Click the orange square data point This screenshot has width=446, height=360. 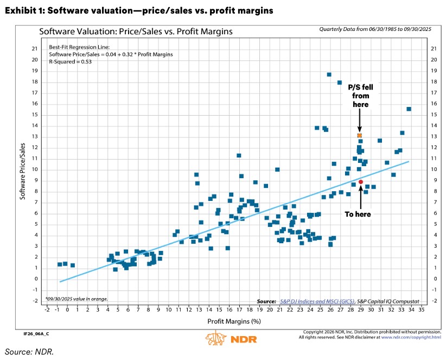click(x=359, y=135)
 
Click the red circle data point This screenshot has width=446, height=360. click(x=361, y=182)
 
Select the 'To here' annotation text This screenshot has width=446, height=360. click(x=358, y=214)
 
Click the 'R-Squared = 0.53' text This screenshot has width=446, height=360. click(x=70, y=62)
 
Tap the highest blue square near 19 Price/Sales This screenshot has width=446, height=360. click(x=329, y=74)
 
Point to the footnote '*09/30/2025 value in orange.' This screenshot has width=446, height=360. click(x=77, y=299)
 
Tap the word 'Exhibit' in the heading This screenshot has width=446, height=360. click(x=20, y=10)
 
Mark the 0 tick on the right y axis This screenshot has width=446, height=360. click(x=432, y=279)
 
